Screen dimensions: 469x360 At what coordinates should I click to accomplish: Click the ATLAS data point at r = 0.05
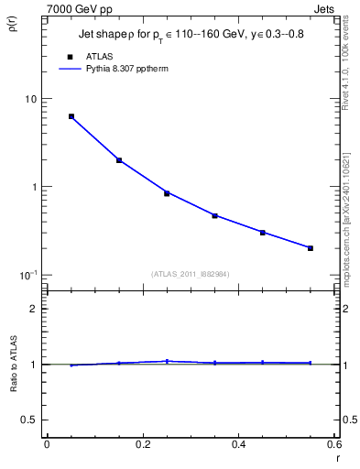pos(71,116)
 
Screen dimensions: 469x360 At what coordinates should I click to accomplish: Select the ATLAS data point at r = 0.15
pos(119,160)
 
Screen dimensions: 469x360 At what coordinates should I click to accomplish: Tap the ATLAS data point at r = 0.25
pos(167,193)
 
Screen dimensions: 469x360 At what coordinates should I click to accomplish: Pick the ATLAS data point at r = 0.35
pos(214,216)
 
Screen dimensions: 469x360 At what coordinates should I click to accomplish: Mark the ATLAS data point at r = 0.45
pos(262,233)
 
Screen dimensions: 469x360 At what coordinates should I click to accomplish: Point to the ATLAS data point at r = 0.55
pos(311,248)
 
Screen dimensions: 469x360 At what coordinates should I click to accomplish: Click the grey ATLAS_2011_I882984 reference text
pos(190,273)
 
